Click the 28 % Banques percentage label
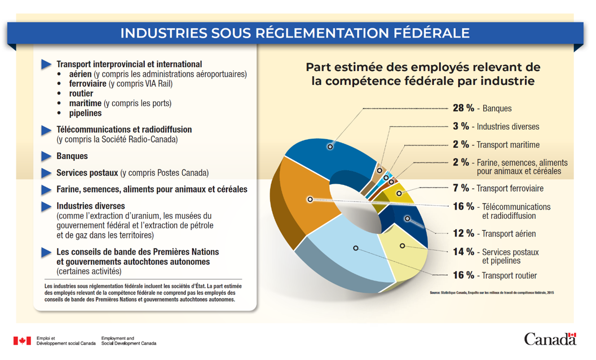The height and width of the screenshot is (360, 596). tap(482, 108)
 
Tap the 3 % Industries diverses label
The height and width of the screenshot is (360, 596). tap(496, 126)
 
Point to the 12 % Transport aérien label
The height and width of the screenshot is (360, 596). tap(494, 234)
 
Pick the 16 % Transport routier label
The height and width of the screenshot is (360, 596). tap(495, 275)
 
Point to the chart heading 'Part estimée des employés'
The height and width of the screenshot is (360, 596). tap(423, 67)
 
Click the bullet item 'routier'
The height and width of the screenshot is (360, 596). tap(81, 94)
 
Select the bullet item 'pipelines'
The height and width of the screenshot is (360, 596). tap(85, 113)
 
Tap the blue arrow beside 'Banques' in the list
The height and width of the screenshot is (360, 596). tap(46, 156)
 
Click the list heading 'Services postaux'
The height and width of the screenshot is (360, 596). tap(87, 173)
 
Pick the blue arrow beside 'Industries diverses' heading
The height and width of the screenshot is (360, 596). tap(46, 207)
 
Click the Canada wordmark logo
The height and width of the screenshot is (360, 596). tap(550, 339)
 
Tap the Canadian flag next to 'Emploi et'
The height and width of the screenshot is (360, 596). tap(22, 341)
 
